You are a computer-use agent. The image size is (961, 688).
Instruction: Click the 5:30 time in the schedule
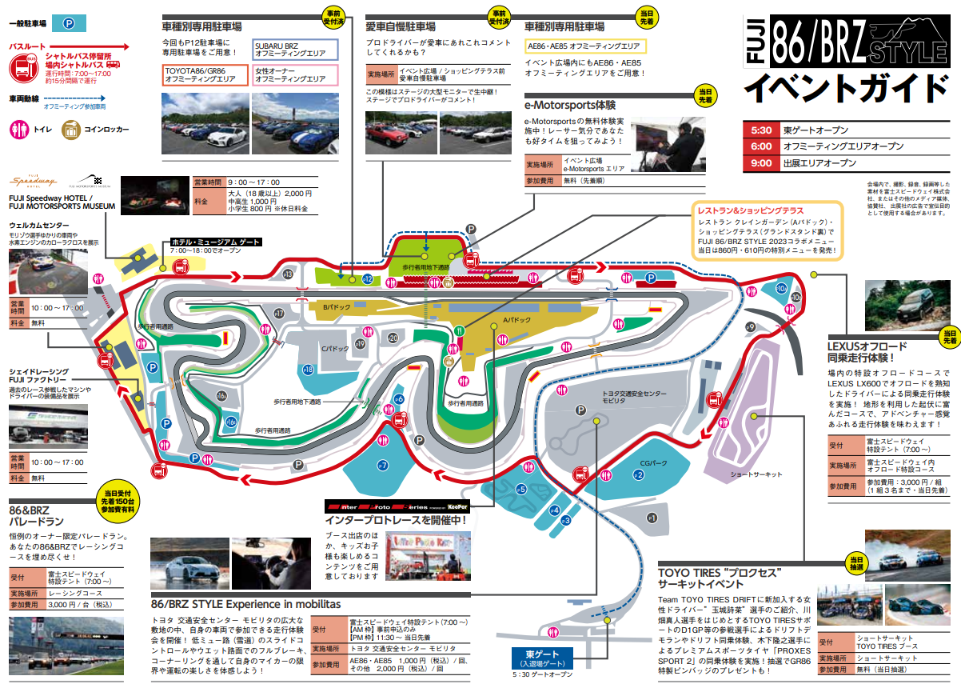click(760, 130)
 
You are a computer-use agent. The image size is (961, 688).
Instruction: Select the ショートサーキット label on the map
click(756, 474)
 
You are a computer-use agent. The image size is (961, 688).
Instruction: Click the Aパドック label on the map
click(516, 320)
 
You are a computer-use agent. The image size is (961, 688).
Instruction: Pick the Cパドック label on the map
click(335, 349)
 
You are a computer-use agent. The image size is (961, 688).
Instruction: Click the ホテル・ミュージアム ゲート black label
click(215, 241)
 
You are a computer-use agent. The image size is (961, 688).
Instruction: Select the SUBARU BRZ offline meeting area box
click(295, 50)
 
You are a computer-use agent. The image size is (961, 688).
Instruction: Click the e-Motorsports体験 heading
click(570, 105)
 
